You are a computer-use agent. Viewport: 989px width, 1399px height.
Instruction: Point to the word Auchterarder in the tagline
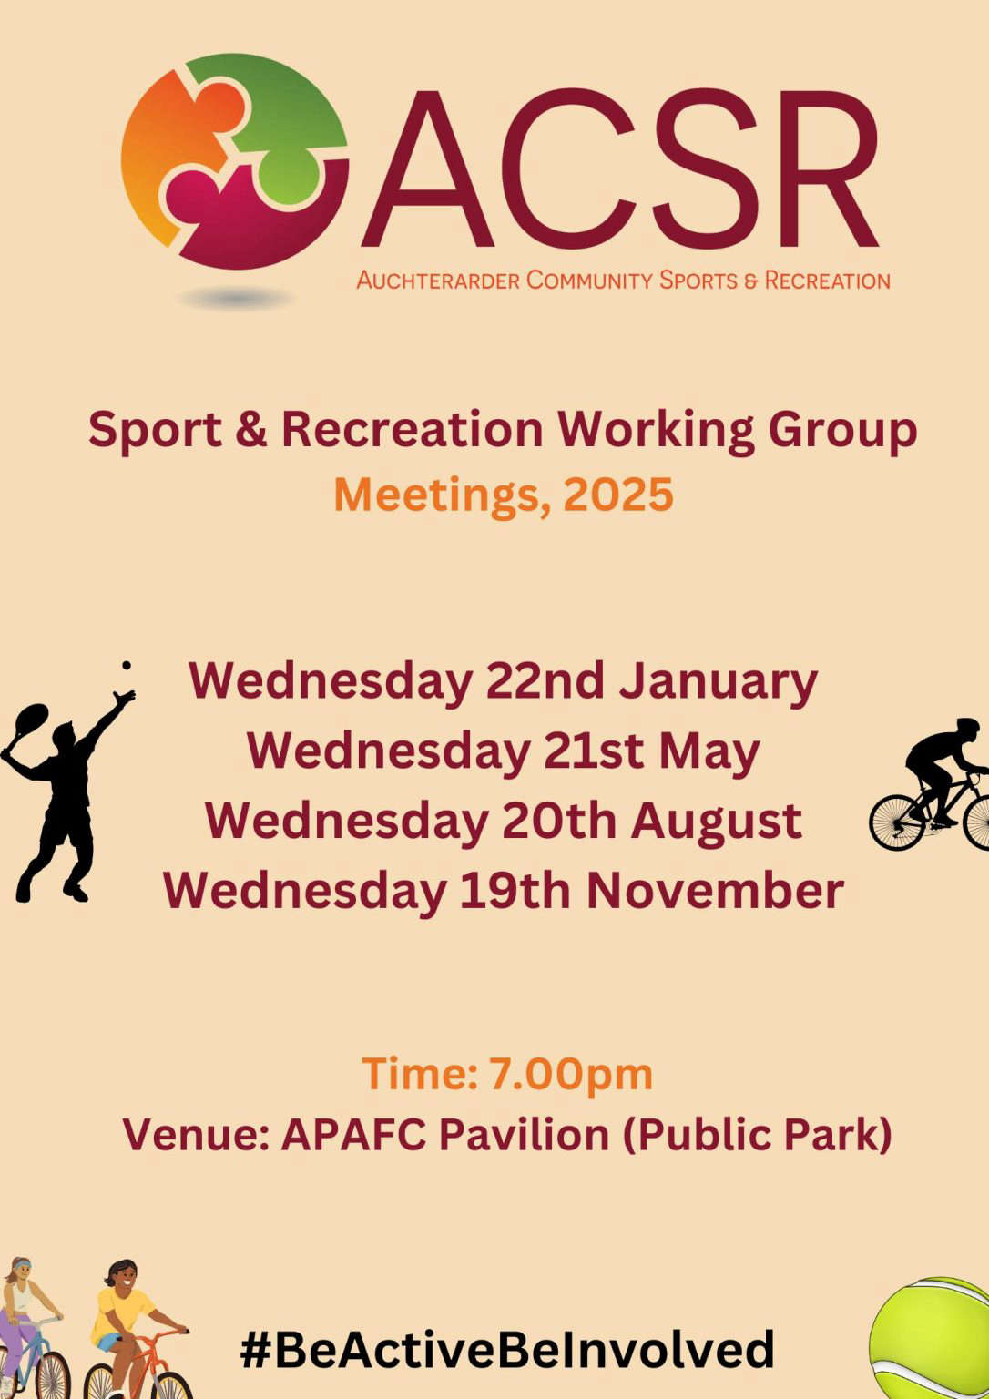coord(438,281)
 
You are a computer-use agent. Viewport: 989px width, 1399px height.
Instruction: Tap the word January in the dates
coord(718,682)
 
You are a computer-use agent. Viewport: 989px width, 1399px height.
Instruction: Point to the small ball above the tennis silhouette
coord(127,666)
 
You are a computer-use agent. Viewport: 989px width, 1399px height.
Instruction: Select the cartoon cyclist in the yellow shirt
coord(134,1331)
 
